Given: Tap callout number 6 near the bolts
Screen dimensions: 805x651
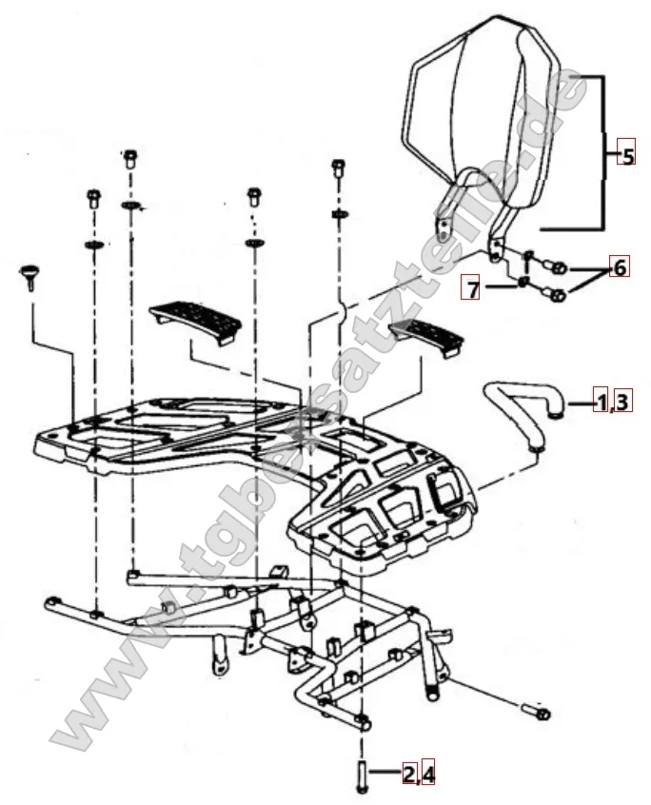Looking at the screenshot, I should click(x=619, y=267).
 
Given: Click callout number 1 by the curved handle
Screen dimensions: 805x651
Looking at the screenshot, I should click(x=601, y=401).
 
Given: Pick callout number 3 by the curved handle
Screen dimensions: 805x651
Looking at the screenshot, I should click(x=621, y=401).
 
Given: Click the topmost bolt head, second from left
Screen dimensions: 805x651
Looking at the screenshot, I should click(x=129, y=158).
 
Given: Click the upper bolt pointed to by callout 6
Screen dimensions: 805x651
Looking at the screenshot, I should click(x=560, y=267).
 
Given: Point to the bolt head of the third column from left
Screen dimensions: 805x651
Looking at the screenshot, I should click(x=253, y=196).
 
